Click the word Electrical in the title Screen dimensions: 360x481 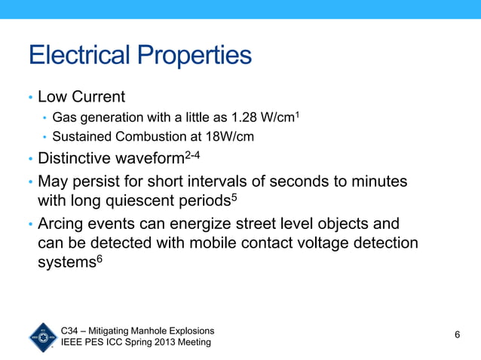78,56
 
